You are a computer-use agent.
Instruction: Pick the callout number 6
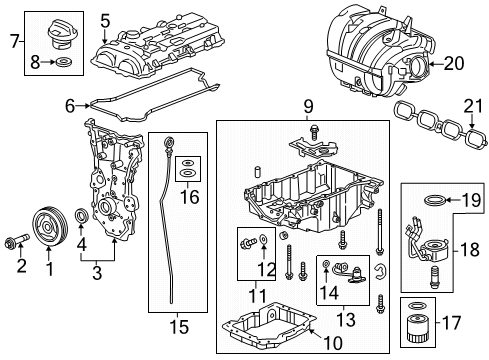click(70, 103)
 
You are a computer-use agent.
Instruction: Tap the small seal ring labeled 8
click(64, 64)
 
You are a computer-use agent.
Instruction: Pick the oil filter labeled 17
click(420, 330)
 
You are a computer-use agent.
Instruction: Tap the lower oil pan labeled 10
click(270, 331)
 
